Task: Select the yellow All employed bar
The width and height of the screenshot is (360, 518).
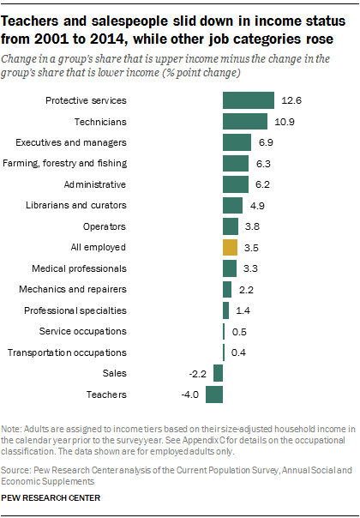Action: pos(230,247)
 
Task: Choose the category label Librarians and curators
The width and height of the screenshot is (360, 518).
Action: pos(84,205)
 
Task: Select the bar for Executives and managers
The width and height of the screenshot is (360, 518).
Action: pos(237,142)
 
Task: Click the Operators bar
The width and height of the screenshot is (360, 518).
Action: pos(231,226)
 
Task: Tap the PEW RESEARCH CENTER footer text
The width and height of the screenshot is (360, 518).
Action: pos(51,497)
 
